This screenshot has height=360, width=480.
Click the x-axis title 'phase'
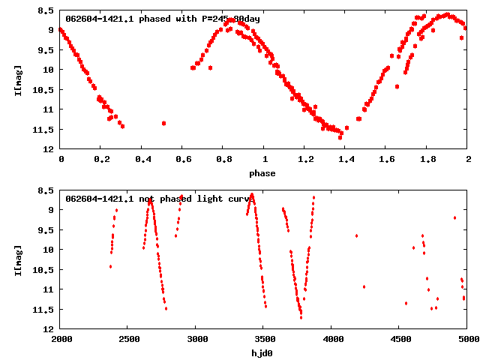tap(262, 173)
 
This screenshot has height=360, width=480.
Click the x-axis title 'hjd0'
tap(262, 353)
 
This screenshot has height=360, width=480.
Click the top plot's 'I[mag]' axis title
tap(18, 79)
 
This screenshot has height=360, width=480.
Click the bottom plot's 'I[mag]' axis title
tap(18, 259)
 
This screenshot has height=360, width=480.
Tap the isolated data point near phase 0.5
tap(163, 123)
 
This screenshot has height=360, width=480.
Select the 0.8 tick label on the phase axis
tap(223, 159)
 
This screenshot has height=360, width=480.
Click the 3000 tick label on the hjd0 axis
tap(196, 339)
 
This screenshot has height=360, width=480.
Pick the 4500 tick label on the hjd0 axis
tap(400, 339)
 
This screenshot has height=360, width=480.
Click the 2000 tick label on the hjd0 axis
tap(61, 339)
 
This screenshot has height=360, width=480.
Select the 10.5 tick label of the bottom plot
tap(43, 269)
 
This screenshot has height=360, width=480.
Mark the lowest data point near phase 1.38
tap(340, 137)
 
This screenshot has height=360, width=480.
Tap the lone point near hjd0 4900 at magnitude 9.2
tap(454, 217)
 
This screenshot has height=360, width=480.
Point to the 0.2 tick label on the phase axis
tap(101, 159)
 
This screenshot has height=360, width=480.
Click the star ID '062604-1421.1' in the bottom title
tap(99, 199)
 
